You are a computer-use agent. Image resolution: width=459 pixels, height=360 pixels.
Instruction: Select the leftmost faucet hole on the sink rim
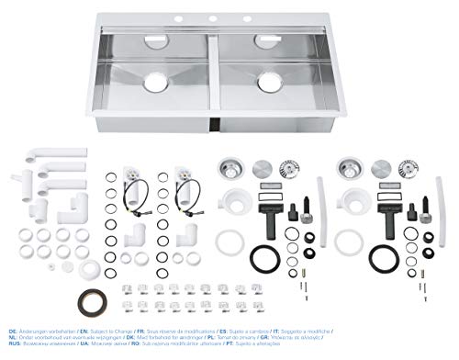pos(193,18)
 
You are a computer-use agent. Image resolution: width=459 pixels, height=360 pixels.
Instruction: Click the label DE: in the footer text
pos(11,329)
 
